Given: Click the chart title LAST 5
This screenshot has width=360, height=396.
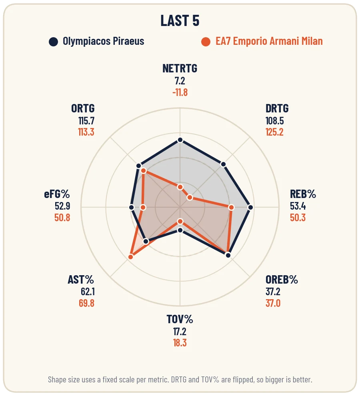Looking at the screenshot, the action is coord(180,20).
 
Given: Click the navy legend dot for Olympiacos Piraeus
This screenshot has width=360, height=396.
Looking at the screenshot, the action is coord(53,42).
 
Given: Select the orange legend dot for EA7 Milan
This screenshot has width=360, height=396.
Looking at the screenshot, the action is coord(206,42).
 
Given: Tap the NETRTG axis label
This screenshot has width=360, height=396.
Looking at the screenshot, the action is coord(180,68).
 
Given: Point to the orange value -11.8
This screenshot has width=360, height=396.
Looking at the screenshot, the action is coord(180,92).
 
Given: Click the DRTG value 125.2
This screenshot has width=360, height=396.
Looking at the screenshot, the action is coord(274,132).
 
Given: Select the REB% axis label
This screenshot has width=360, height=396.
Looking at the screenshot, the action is coord(303,194).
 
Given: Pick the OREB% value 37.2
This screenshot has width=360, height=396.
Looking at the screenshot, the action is coord(273,292).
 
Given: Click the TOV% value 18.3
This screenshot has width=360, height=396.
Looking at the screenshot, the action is coord(180,343).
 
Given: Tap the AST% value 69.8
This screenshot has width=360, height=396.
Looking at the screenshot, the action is coord(86,303).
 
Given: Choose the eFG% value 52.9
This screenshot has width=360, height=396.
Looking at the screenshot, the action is coord(62,206).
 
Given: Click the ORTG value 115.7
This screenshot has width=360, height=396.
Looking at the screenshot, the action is coord(86,121).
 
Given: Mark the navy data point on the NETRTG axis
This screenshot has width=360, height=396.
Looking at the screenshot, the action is coord(180,140).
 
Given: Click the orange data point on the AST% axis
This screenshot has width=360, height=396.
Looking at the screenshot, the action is coord(131,257).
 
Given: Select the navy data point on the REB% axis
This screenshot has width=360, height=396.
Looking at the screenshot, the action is coord(250,207).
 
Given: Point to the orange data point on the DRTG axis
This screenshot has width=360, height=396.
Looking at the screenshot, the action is coord(190,198).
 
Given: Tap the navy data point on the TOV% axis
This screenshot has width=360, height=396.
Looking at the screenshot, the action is coord(180,230).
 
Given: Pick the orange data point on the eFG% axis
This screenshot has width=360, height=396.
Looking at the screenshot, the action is coord(143,207).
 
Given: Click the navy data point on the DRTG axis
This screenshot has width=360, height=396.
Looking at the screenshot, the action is coord(223,164).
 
